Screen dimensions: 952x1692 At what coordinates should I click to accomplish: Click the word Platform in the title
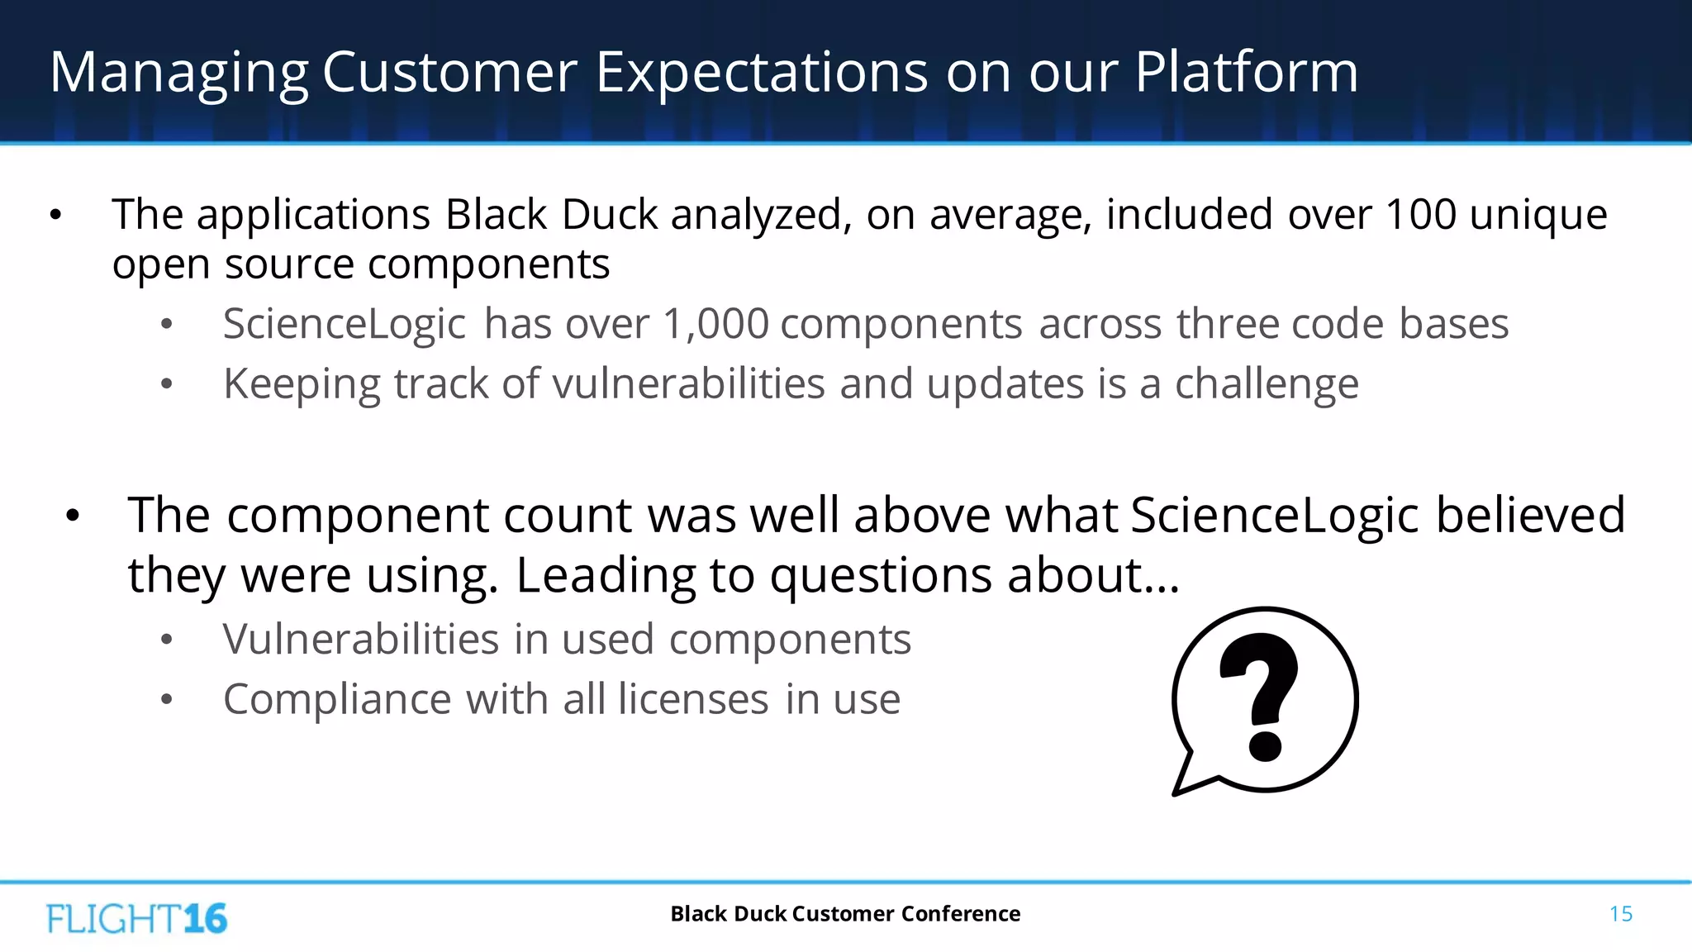point(1246,73)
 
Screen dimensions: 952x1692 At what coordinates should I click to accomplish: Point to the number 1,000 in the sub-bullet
point(715,324)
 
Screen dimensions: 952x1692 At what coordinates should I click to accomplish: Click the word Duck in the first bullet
point(609,215)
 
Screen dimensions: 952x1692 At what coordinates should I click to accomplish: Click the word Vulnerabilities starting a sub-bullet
point(360,640)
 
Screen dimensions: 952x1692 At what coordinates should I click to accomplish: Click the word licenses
point(693,700)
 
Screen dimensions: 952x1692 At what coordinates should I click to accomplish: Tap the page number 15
point(1620,914)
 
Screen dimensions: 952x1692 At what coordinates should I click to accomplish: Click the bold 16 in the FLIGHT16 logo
point(205,919)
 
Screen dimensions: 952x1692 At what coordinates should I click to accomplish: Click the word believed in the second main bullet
point(1530,516)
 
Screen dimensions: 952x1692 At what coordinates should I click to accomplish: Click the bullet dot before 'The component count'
point(73,516)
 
